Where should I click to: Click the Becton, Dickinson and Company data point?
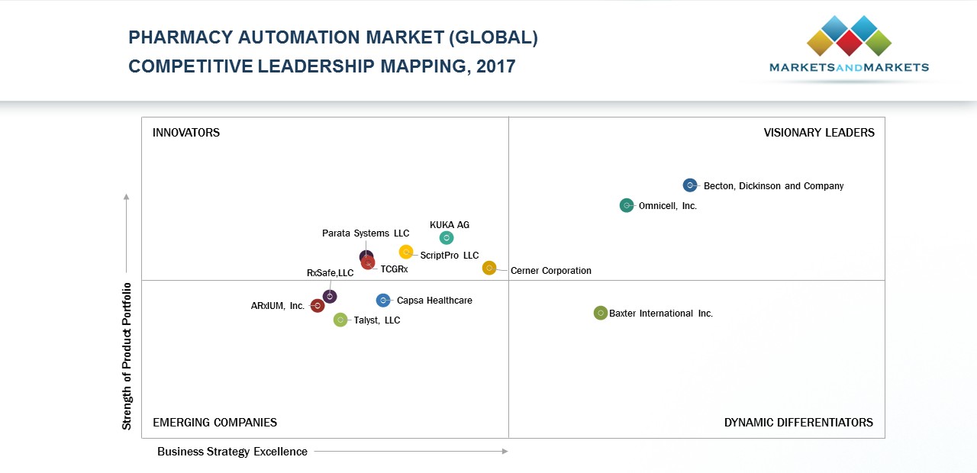click(690, 185)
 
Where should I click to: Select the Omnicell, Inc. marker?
click(627, 205)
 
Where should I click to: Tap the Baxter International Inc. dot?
click(601, 313)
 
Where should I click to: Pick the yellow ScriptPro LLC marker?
click(406, 252)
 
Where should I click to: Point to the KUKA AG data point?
click(447, 238)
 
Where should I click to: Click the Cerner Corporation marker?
click(489, 268)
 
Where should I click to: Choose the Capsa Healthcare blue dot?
click(383, 301)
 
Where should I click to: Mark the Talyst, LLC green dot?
click(340, 320)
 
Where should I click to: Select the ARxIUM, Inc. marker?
click(318, 306)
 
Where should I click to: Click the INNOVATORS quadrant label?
click(186, 133)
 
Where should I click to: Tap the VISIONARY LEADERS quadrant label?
click(819, 133)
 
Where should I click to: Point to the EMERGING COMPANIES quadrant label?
click(214, 423)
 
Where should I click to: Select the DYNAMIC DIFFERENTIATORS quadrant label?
click(798, 423)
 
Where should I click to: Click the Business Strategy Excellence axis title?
click(232, 452)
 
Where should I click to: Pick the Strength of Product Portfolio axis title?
click(127, 356)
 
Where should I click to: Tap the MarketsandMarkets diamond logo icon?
click(849, 36)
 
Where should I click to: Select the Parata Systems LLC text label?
click(366, 233)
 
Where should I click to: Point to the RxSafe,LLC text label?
click(330, 273)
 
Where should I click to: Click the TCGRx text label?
click(394, 269)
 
